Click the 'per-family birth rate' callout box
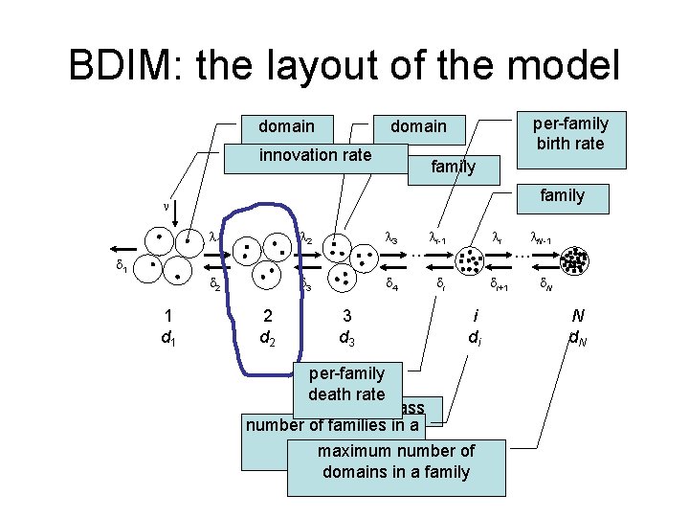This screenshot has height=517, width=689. [570, 133]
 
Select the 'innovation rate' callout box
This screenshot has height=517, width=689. [315, 155]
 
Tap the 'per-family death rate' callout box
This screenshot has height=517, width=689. [346, 383]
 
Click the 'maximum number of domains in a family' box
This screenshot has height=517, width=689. [395, 461]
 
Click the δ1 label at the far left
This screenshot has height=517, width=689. [122, 267]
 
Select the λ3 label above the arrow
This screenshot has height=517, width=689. [391, 236]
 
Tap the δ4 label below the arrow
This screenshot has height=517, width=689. [392, 283]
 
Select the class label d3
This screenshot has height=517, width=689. [347, 337]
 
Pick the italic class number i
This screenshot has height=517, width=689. [476, 316]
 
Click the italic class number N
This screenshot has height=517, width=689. [578, 315]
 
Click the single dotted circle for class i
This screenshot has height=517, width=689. [471, 258]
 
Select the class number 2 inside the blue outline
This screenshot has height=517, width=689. [267, 316]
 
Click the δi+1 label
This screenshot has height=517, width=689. [499, 284]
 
